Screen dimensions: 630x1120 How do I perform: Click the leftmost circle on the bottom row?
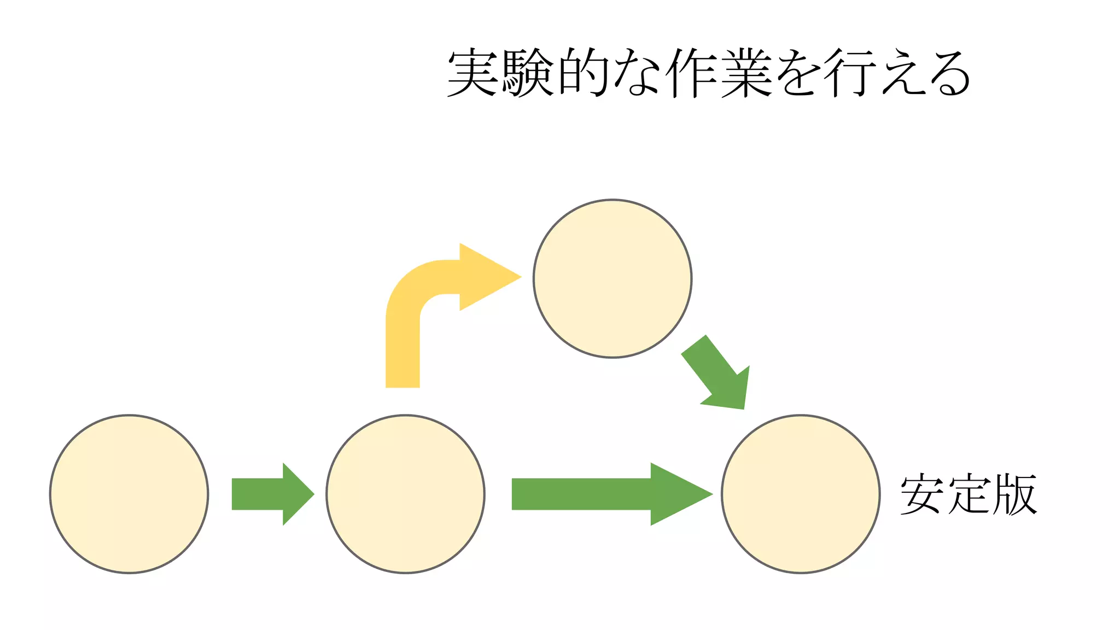tap(129, 494)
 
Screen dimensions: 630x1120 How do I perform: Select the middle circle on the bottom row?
tap(405, 494)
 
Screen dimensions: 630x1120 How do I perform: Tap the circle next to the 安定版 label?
tap(801, 494)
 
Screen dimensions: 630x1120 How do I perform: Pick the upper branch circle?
tap(612, 278)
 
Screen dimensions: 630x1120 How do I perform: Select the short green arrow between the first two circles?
tap(271, 494)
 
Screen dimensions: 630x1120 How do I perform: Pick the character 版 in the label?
tap(1015, 494)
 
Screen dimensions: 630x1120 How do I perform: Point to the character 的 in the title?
tap(582, 73)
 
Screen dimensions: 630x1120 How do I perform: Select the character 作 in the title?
tap(691, 73)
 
